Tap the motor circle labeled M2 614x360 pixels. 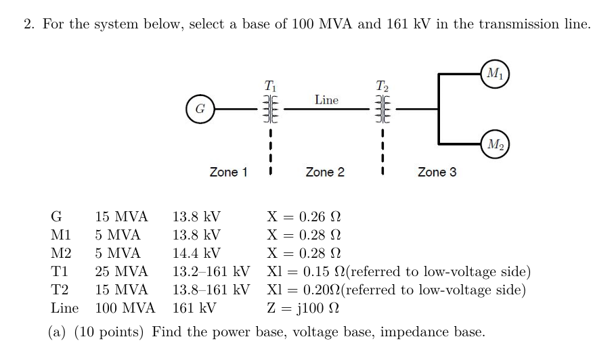(494, 143)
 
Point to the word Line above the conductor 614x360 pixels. (326, 100)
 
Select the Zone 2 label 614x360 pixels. (325, 173)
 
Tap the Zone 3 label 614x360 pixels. (437, 173)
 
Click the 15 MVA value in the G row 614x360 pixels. (121, 217)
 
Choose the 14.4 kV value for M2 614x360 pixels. (196, 254)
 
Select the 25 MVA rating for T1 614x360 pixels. (121, 272)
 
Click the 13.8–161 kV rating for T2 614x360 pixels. (212, 290)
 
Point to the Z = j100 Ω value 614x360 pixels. (303, 309)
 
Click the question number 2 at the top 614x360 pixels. (28, 24)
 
